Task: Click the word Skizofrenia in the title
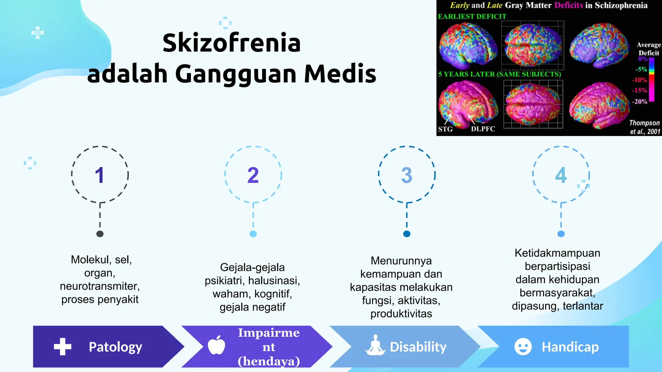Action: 231,43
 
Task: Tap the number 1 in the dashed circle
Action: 100,175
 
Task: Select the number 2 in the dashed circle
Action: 253,175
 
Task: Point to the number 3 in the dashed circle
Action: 407,175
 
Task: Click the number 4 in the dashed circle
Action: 561,175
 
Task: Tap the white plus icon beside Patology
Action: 62,347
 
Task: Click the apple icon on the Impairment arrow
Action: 216,345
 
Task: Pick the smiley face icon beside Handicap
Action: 523,347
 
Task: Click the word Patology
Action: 115,347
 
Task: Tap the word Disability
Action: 418,347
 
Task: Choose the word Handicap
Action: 570,347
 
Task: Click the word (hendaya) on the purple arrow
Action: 269,361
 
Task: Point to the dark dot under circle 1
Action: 100,234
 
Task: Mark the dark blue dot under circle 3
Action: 407,234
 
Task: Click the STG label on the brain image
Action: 445,129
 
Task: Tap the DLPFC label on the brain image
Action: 483,129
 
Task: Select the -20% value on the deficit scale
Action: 640,102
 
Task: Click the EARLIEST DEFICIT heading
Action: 472,16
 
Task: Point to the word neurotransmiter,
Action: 100,286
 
